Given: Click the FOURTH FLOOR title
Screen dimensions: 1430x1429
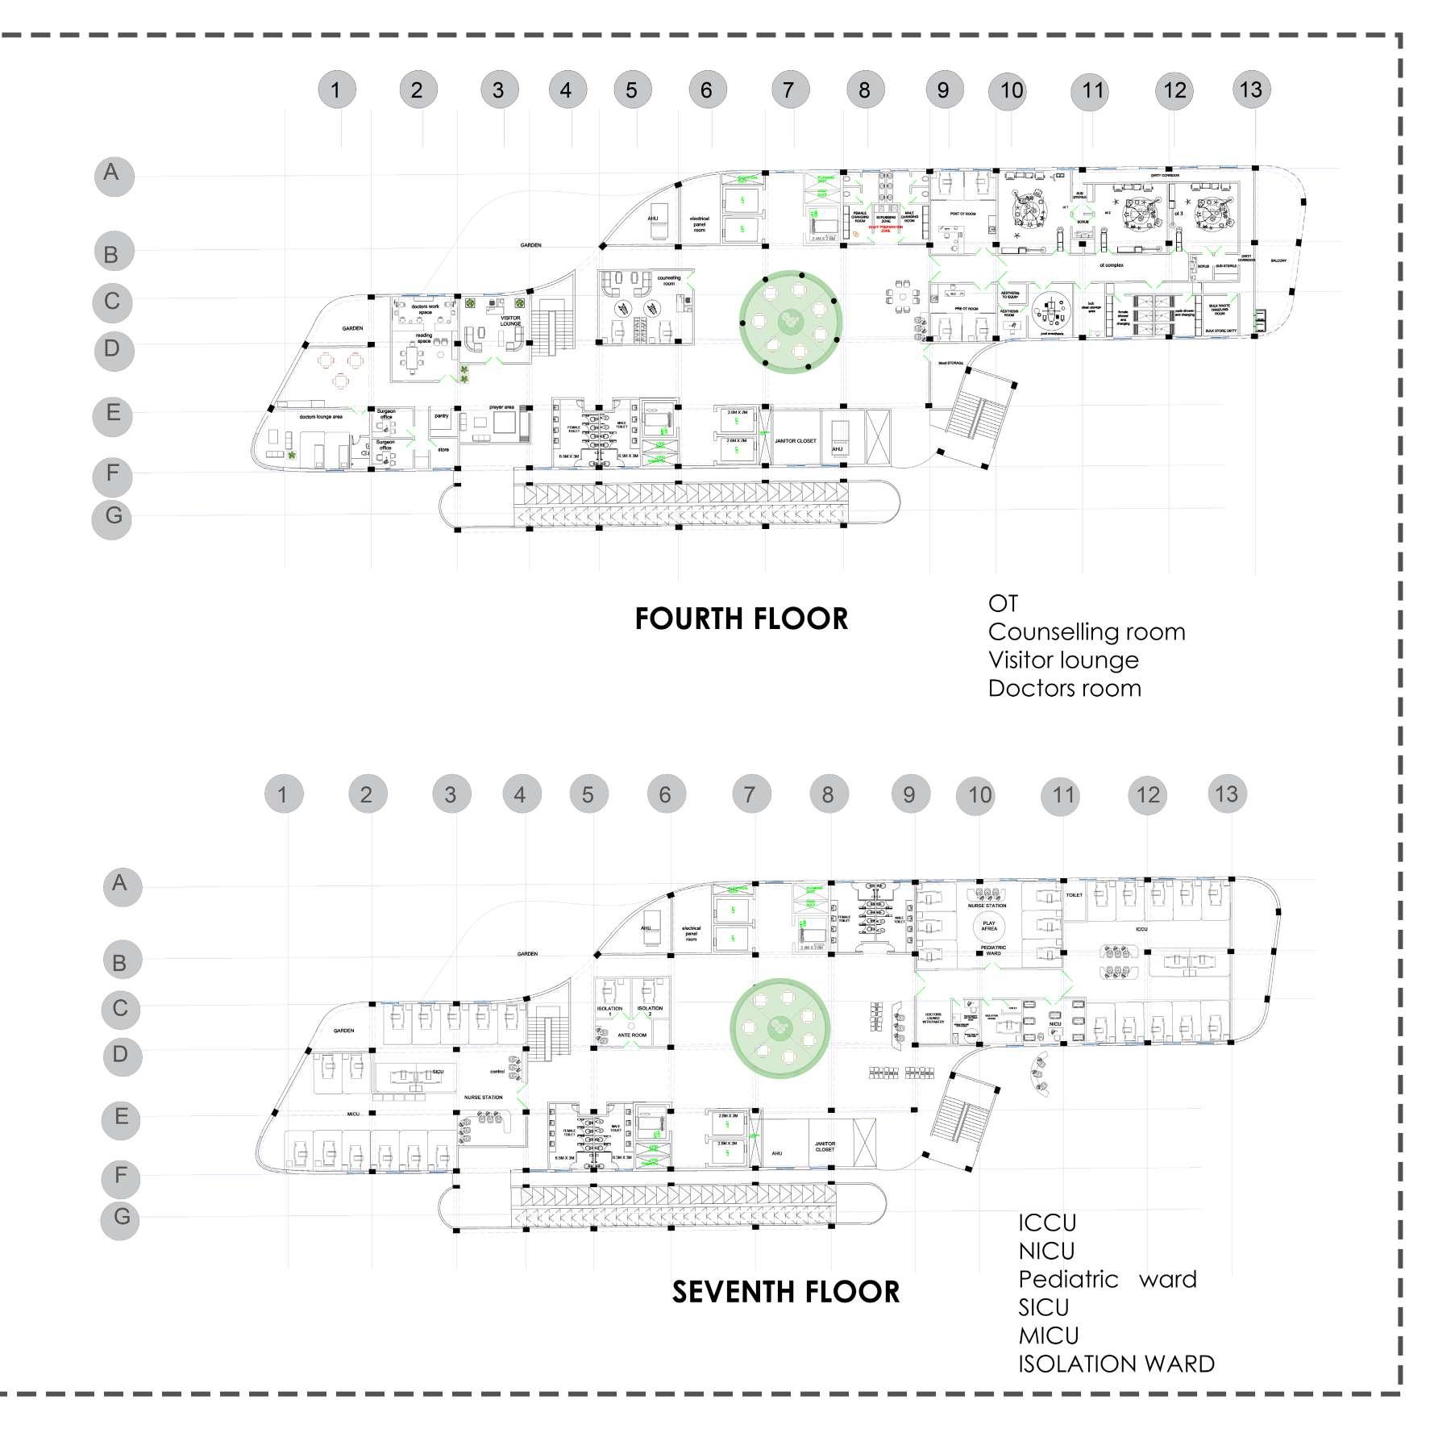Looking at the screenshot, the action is click(x=741, y=619).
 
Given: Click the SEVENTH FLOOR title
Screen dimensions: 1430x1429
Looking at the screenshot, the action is click(x=785, y=1291).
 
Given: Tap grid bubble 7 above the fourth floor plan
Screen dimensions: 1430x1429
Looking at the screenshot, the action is click(x=788, y=90).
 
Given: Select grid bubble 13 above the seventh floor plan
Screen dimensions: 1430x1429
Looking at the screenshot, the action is click(x=1226, y=794).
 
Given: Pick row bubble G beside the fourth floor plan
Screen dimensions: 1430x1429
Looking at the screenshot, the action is click(x=113, y=515).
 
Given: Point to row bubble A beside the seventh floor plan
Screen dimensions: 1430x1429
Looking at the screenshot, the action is click(x=119, y=884).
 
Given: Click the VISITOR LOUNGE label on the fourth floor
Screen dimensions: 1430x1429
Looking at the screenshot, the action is click(x=510, y=321).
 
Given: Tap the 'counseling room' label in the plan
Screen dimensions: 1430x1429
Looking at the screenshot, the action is click(x=668, y=281).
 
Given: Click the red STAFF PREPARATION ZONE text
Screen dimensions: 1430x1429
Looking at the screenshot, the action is click(x=885, y=227).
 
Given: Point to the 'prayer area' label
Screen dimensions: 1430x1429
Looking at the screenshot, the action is click(x=501, y=407).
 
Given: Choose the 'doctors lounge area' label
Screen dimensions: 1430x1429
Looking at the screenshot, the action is click(x=321, y=417).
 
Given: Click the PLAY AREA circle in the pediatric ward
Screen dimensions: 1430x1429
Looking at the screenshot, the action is click(x=989, y=926).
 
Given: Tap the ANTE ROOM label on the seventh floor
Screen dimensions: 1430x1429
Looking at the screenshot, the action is click(x=633, y=1034).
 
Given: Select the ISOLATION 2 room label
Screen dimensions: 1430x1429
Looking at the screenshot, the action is click(x=650, y=1010).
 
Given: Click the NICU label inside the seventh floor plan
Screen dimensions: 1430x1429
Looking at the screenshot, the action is click(x=1055, y=1023).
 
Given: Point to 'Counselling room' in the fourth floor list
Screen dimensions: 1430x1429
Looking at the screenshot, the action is click(x=1086, y=631).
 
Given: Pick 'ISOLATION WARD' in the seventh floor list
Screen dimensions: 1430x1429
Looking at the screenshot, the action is click(x=1116, y=1364).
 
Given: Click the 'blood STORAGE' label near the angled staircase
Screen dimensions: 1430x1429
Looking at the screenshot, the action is click(x=950, y=364).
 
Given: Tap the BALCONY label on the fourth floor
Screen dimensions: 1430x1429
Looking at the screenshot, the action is click(x=1278, y=260).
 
